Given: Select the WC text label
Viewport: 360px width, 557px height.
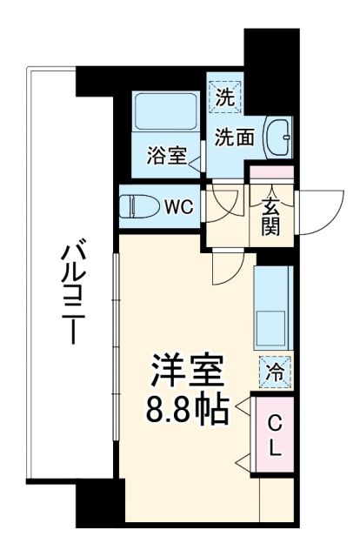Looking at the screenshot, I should tap(179, 206).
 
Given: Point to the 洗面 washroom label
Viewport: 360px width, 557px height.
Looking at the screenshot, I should tap(235, 138).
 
